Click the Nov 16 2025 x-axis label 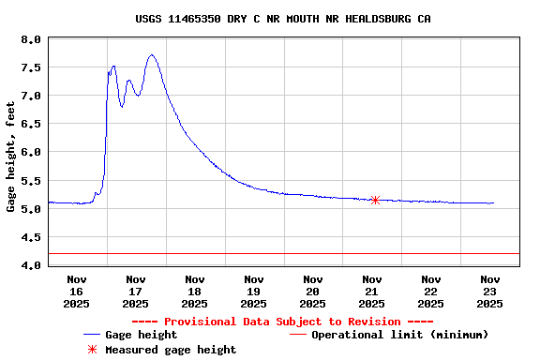pyautogui.click(x=77, y=291)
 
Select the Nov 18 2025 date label pyautogui.click(x=195, y=291)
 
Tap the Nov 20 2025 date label pyautogui.click(x=312, y=291)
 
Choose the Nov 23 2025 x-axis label pyautogui.click(x=489, y=291)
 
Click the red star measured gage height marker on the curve pyautogui.click(x=375, y=200)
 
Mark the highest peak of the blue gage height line pyautogui.click(x=152, y=55)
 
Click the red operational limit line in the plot pyautogui.click(x=281, y=253)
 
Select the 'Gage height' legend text pyautogui.click(x=141, y=335)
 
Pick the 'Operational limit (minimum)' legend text pyautogui.click(x=399, y=335)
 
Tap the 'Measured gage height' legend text pyautogui.click(x=171, y=350)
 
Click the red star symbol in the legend pyautogui.click(x=92, y=350)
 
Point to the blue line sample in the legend pyautogui.click(x=92, y=335)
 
